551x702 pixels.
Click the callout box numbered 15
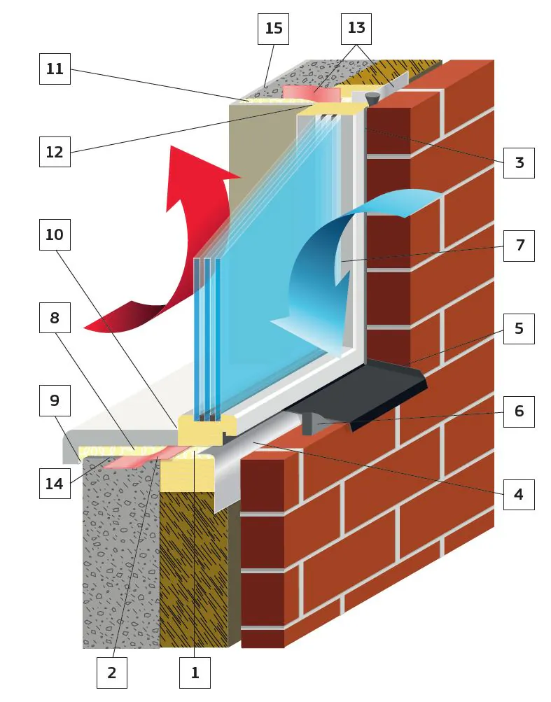click(274, 29)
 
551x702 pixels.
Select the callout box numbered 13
click(356, 29)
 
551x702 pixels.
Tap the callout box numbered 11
click(55, 69)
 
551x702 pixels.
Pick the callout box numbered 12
click(55, 151)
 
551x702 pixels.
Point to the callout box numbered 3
click(519, 162)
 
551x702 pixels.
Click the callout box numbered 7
click(519, 246)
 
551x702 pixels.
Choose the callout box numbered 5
click(519, 328)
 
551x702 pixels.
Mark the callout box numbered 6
click(519, 411)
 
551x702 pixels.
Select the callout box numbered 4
click(519, 494)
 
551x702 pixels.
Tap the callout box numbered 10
click(55, 234)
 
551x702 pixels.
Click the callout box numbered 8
click(55, 317)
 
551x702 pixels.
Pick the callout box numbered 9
click(55, 400)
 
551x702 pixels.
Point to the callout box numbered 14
click(55, 483)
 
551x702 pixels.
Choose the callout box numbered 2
click(112, 673)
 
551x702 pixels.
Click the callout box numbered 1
click(195, 673)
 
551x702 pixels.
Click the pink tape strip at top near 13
click(312, 93)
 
